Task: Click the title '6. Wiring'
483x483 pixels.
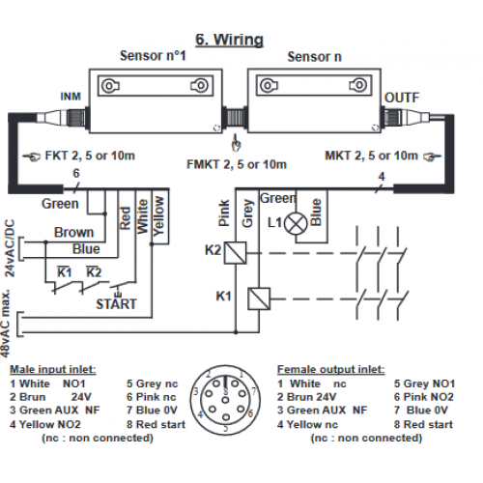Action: click(x=230, y=40)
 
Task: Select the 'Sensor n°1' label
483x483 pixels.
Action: click(x=153, y=56)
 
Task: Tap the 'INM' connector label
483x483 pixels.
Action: click(x=71, y=97)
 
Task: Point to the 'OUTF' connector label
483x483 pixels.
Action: click(x=402, y=98)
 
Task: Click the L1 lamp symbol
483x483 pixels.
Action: click(x=296, y=224)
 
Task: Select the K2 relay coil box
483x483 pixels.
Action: click(x=236, y=253)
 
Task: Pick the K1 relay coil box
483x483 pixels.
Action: click(x=259, y=298)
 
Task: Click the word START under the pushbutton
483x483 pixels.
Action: click(x=117, y=304)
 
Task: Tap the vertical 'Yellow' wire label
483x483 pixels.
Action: click(x=158, y=216)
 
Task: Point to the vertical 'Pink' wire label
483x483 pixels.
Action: click(x=224, y=213)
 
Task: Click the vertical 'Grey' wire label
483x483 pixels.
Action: click(x=247, y=213)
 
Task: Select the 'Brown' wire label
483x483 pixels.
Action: click(x=73, y=232)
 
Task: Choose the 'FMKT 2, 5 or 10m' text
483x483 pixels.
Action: click(x=237, y=164)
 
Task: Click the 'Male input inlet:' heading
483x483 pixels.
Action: click(x=53, y=369)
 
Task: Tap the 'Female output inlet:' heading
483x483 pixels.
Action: click(x=331, y=369)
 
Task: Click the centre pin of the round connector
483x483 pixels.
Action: click(x=226, y=400)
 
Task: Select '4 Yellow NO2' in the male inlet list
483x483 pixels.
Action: click(x=45, y=424)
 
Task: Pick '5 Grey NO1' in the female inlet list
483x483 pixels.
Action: click(x=424, y=384)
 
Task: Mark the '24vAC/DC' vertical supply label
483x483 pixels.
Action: click(x=10, y=248)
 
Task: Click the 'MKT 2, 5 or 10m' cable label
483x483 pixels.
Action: click(x=371, y=156)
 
